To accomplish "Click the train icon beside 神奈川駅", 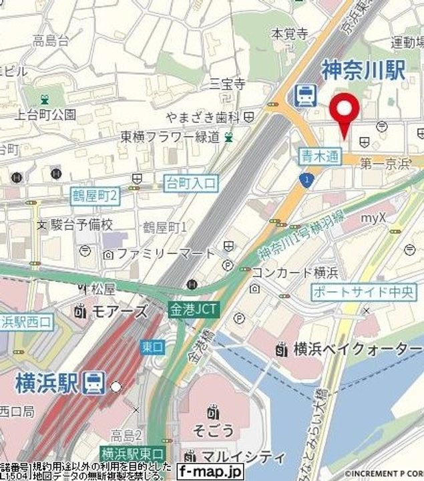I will point(305,96).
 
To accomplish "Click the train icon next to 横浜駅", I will point(93,383).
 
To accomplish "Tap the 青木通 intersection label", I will point(320,158).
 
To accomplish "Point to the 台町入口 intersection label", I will point(190,180).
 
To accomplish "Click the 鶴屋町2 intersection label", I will point(95,195).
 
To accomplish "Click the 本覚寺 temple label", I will point(288,32).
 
